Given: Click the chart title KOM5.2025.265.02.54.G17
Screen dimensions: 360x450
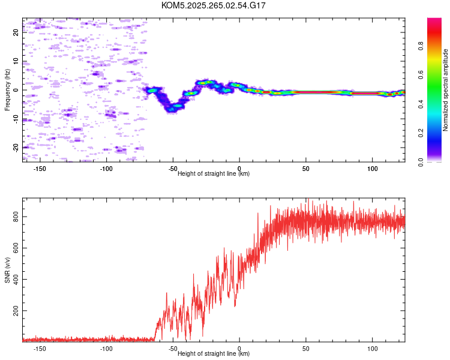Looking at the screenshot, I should click(x=214, y=5).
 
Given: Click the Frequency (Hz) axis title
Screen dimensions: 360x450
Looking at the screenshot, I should click(x=7, y=91).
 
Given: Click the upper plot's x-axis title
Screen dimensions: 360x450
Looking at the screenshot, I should click(x=214, y=173).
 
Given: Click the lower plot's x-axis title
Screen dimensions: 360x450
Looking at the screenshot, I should click(x=214, y=353).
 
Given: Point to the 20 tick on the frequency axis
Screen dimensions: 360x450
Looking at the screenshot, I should click(x=16, y=32).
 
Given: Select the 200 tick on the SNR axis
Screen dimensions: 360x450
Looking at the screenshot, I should click(x=16, y=311).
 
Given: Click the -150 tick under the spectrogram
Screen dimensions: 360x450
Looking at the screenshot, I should click(x=40, y=169).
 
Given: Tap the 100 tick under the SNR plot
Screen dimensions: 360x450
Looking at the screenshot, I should click(x=372, y=349).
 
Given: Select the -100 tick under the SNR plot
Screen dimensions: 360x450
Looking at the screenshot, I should click(x=107, y=349).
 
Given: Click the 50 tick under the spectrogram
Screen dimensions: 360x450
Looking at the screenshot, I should click(x=305, y=169).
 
